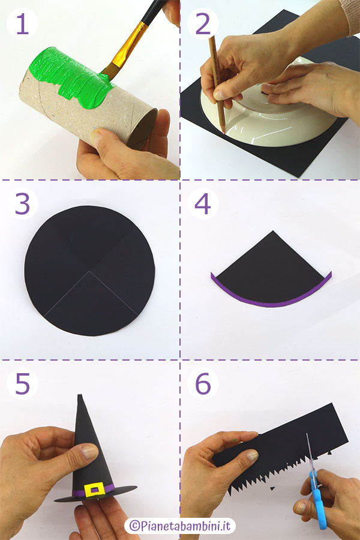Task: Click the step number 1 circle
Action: pos(22,23)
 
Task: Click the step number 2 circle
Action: pos(203,23)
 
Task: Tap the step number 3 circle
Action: pos(22,203)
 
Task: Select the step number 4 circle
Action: pos(203,203)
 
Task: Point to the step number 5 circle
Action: pos(22,383)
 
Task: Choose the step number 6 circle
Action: pos(203,383)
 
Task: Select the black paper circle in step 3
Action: pos(89,271)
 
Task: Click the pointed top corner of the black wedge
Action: pos(273,231)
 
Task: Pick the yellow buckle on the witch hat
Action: pos(94,490)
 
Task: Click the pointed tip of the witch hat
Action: pos(80,395)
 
